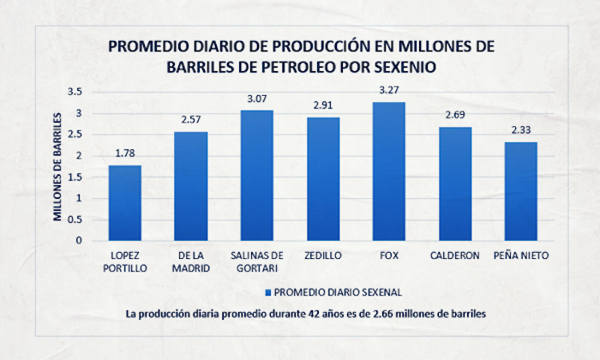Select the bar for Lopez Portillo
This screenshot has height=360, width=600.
[x=124, y=202]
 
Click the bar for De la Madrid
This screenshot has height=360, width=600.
[x=190, y=186]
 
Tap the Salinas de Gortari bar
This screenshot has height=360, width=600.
[x=256, y=175]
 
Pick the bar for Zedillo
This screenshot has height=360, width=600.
[x=323, y=178]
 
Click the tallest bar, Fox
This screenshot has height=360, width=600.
[x=389, y=171]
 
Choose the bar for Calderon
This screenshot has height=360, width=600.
[x=455, y=183]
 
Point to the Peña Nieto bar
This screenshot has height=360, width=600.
[x=521, y=191]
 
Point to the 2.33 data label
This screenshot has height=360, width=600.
[x=521, y=129]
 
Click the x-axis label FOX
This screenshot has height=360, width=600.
[x=389, y=255]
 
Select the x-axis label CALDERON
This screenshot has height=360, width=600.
[x=455, y=255]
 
